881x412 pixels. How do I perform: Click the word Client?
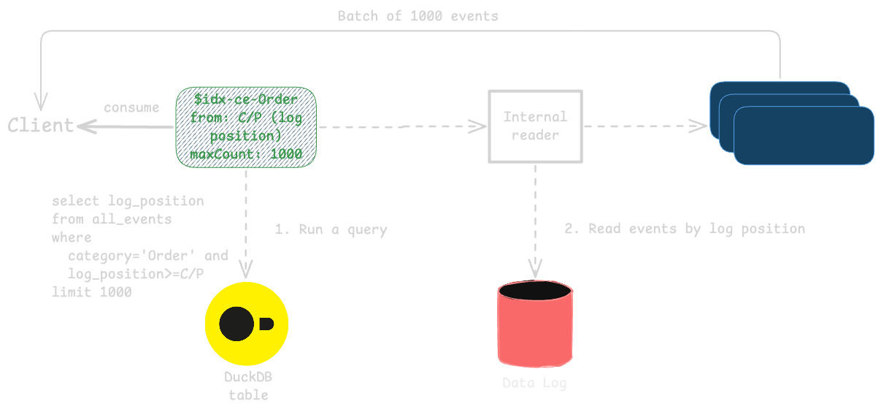[41, 126]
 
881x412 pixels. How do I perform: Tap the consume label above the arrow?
[131, 108]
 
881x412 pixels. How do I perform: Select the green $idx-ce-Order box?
[246, 126]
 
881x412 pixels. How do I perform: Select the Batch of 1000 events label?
[418, 16]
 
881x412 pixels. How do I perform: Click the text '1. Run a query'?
[331, 229]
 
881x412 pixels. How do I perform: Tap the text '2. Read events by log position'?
[685, 229]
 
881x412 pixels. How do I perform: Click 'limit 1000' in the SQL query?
[91, 292]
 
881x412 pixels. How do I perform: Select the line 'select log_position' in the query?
[128, 201]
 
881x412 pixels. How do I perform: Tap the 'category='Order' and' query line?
[147, 256]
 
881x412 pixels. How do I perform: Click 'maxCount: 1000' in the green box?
[246, 155]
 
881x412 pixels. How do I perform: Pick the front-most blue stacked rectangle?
[804, 137]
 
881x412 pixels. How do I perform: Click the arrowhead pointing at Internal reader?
[479, 126]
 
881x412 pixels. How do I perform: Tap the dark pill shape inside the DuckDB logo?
[266, 324]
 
